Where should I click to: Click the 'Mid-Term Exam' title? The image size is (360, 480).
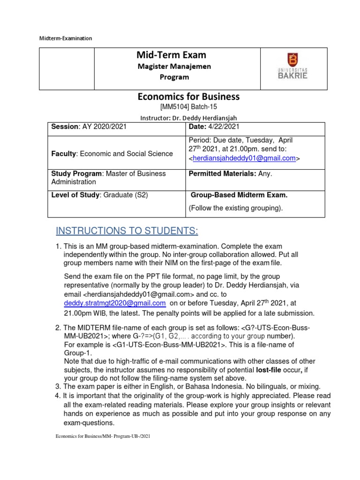(x=172, y=55)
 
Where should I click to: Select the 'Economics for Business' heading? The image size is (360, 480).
(x=188, y=97)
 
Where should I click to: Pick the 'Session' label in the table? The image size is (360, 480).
(x=65, y=127)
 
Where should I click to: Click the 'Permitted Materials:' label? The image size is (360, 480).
(x=221, y=174)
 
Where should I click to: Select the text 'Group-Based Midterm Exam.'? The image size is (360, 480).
(x=237, y=195)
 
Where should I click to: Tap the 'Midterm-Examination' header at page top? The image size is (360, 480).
(x=65, y=38)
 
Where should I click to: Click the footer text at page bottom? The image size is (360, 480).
(x=103, y=436)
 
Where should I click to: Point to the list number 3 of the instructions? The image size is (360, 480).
(x=58, y=386)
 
